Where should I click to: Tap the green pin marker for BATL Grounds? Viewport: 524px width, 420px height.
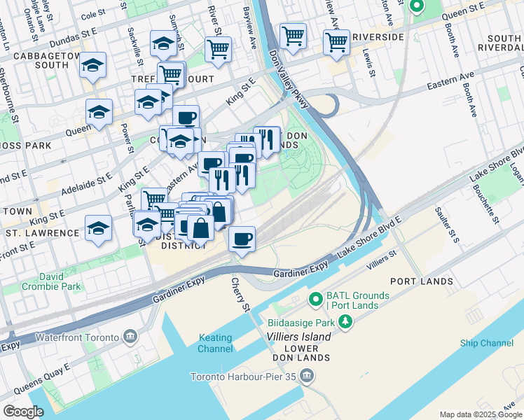tap(315, 299)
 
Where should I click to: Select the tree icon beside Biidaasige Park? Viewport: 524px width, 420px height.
tap(345, 321)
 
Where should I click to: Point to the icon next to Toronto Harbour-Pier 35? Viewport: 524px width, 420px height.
tap(305, 377)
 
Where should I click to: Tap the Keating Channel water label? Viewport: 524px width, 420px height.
tap(215, 343)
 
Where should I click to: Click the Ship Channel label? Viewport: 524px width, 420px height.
tap(487, 343)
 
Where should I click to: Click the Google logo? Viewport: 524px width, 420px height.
tap(23, 412)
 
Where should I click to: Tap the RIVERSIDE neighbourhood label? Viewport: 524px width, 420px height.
tap(378, 36)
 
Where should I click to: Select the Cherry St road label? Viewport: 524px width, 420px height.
tap(240, 295)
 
